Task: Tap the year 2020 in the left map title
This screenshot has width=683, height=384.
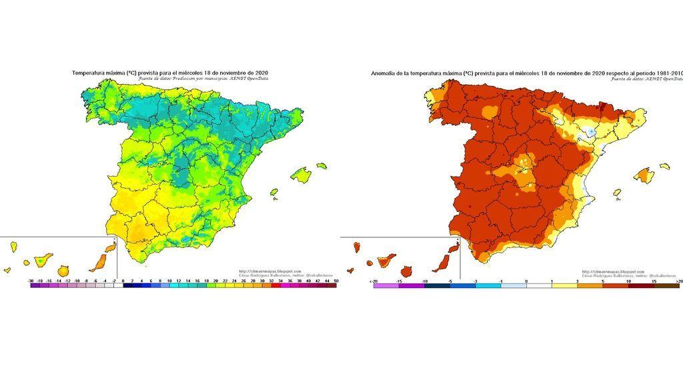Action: [x=262, y=73]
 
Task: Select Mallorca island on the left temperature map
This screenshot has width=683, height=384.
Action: [x=302, y=175]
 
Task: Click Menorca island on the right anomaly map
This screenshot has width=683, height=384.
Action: [x=664, y=166]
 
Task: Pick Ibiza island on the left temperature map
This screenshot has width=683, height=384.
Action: [x=273, y=192]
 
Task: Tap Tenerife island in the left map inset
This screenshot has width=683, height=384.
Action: [x=45, y=258]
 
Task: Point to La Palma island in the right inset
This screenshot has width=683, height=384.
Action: [x=357, y=247]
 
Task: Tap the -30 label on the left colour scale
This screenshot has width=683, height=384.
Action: [x=32, y=282]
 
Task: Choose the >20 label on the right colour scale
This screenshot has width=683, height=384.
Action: [x=678, y=282]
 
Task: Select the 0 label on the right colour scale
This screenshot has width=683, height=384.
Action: [x=527, y=282]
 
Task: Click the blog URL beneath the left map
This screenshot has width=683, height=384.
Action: [x=269, y=271]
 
